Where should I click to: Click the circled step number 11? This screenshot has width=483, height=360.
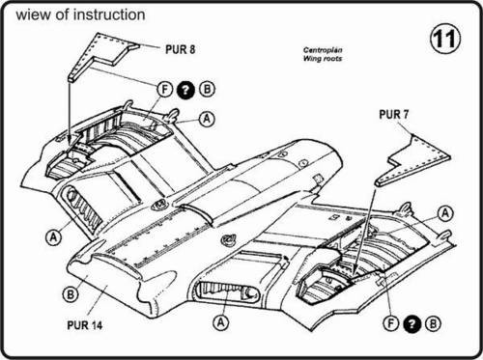(445, 39)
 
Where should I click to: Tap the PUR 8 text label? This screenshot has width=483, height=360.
(180, 49)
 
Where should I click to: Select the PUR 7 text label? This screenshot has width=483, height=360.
(393, 114)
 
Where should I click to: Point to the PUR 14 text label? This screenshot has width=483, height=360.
(84, 325)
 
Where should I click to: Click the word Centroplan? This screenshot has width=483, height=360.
(323, 50)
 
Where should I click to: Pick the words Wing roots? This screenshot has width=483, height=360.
(323, 58)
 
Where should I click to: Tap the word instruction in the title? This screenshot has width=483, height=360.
(109, 14)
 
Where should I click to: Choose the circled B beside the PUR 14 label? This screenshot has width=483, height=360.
(71, 294)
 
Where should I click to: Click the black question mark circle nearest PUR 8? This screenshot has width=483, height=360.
(185, 90)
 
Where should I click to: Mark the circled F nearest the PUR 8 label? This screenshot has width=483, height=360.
(165, 89)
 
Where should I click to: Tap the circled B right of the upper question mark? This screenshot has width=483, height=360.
(207, 89)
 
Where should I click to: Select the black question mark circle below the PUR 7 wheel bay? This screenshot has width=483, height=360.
(412, 323)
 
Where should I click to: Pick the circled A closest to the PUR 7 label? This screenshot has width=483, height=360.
(445, 213)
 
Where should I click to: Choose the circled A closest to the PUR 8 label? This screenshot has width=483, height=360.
(207, 119)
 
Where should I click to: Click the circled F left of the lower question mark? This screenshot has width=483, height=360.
(391, 323)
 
